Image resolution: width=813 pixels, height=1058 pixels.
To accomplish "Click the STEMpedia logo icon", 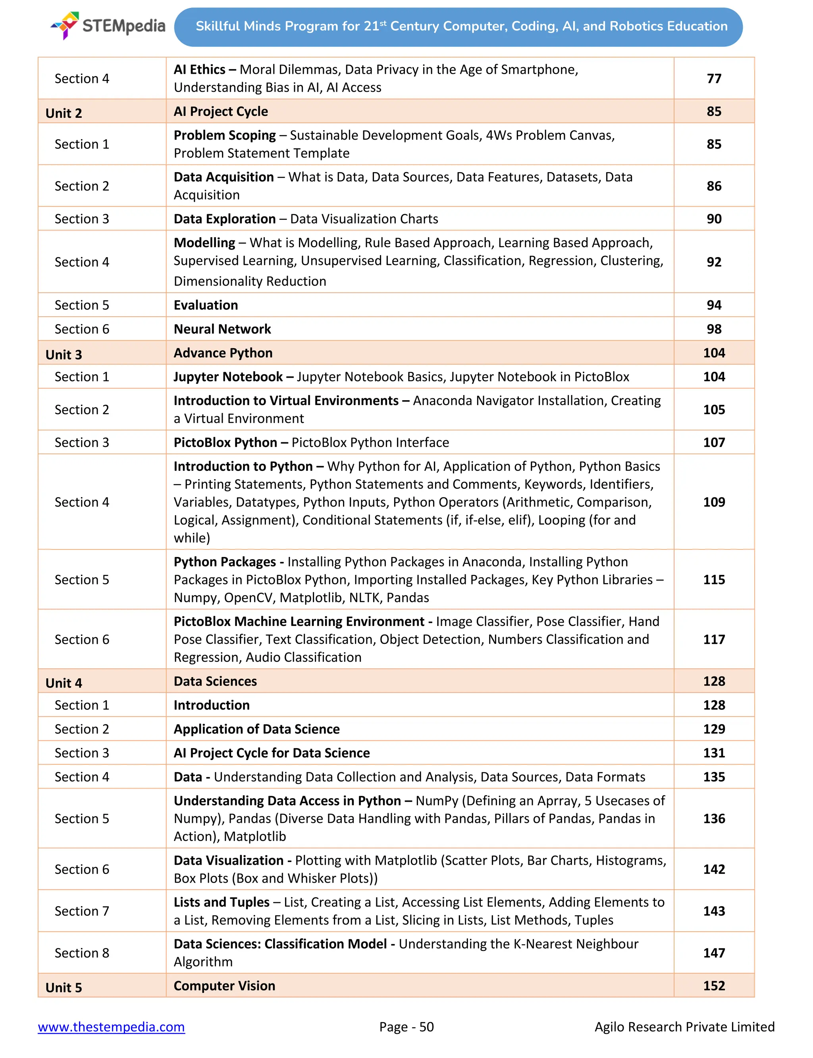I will [x=66, y=25].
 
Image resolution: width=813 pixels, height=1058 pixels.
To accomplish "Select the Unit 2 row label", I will [x=64, y=113].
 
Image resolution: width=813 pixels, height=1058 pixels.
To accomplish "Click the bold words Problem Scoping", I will [x=225, y=135].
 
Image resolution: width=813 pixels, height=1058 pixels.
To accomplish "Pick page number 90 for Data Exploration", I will [x=714, y=219].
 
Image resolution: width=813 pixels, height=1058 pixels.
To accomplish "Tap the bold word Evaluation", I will [x=206, y=305].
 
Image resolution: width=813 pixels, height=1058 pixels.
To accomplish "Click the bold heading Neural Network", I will [x=222, y=329].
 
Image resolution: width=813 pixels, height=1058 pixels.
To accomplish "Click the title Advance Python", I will [x=223, y=353].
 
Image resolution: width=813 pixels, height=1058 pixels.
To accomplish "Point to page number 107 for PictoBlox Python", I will [x=714, y=442].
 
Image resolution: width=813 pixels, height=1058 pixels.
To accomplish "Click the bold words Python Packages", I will [x=225, y=561].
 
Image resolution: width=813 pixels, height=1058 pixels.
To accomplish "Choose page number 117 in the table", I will [x=714, y=639].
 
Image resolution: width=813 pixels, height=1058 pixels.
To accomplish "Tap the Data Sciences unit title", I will [x=215, y=681].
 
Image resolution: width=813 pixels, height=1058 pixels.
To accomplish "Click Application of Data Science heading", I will [x=256, y=729].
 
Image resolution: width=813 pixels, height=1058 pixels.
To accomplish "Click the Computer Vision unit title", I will [x=225, y=985].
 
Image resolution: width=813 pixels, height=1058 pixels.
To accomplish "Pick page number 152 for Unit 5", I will [x=714, y=985].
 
